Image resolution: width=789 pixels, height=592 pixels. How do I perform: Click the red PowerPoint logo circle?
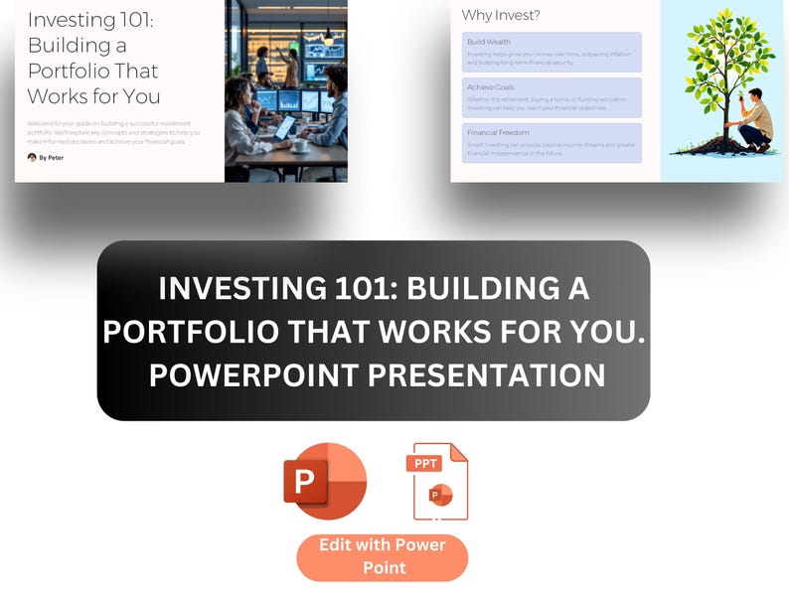pyautogui.click(x=325, y=482)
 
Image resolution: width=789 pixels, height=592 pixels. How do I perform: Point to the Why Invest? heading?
pyautogui.click(x=501, y=15)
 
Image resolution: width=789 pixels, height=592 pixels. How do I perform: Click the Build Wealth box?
pyautogui.click(x=552, y=52)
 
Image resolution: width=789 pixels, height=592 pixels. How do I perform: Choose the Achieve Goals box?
pyautogui.click(x=552, y=97)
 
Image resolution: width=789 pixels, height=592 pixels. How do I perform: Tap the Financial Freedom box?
pyautogui.click(x=552, y=142)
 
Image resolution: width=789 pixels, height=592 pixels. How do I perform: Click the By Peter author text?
pyautogui.click(x=52, y=157)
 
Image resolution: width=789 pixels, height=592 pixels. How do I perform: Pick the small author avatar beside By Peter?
pyautogui.click(x=32, y=157)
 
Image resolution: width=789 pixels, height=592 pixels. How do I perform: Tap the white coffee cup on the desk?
pyautogui.click(x=300, y=145)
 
